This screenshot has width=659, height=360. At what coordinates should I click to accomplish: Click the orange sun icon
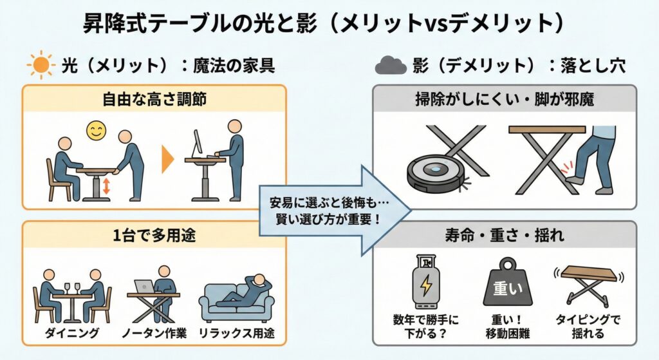pyautogui.click(x=40, y=65)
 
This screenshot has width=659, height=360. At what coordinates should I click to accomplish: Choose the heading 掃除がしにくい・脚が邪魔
pyautogui.click(x=505, y=100)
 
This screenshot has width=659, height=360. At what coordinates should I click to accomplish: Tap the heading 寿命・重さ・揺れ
pyautogui.click(x=505, y=235)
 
